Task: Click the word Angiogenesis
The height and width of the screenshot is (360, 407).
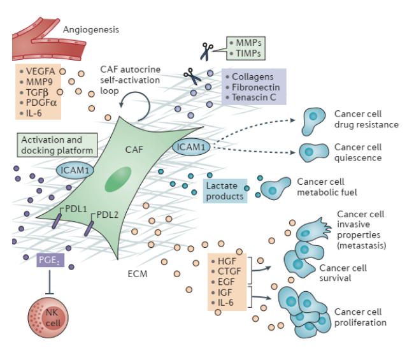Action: pyautogui.click(x=90, y=29)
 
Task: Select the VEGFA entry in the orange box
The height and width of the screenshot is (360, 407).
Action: pyautogui.click(x=40, y=71)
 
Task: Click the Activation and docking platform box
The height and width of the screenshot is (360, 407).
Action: pyautogui.click(x=58, y=145)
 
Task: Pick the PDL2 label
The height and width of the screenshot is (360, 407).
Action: pyautogui.click(x=107, y=214)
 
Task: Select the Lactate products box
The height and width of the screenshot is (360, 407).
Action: pyautogui.click(x=225, y=191)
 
